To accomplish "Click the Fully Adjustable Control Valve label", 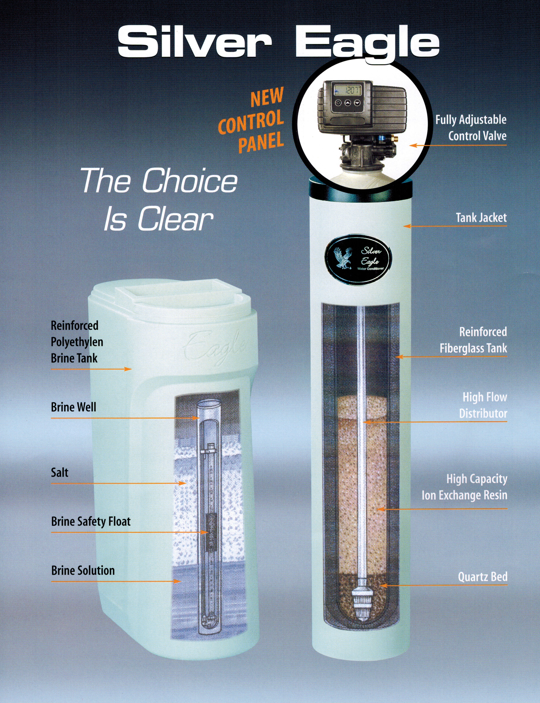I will [x=471, y=128].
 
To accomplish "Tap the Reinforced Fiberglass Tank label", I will [x=474, y=340].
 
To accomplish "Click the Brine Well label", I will [x=73, y=407].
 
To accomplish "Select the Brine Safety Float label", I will [x=91, y=521].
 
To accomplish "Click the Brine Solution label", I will [x=83, y=571].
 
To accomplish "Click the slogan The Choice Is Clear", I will [x=159, y=199].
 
